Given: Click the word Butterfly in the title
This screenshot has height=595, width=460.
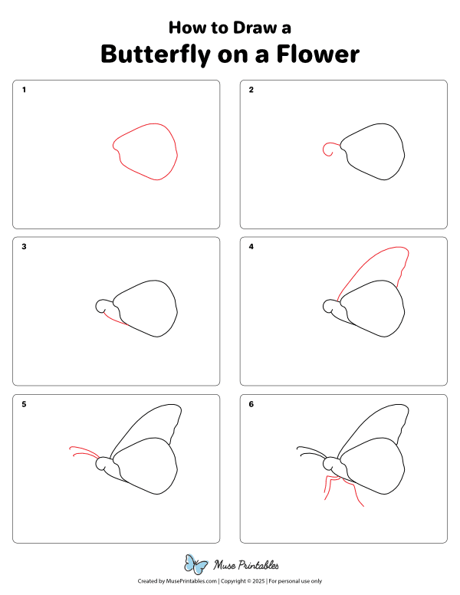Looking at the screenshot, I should [153, 55].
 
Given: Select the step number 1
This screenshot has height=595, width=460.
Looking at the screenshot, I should [25, 90].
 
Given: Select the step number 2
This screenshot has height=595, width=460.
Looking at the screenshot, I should [251, 90].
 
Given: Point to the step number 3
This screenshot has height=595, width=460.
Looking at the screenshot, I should [25, 247].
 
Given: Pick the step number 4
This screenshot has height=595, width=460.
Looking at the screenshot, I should [251, 247].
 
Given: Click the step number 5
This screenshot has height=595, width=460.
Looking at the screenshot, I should [25, 404].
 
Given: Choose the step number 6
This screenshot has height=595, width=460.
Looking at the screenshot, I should [251, 404].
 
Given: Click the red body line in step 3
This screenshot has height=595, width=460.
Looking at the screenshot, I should [114, 317].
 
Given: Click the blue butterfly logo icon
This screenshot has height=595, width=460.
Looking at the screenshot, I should [197, 565].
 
